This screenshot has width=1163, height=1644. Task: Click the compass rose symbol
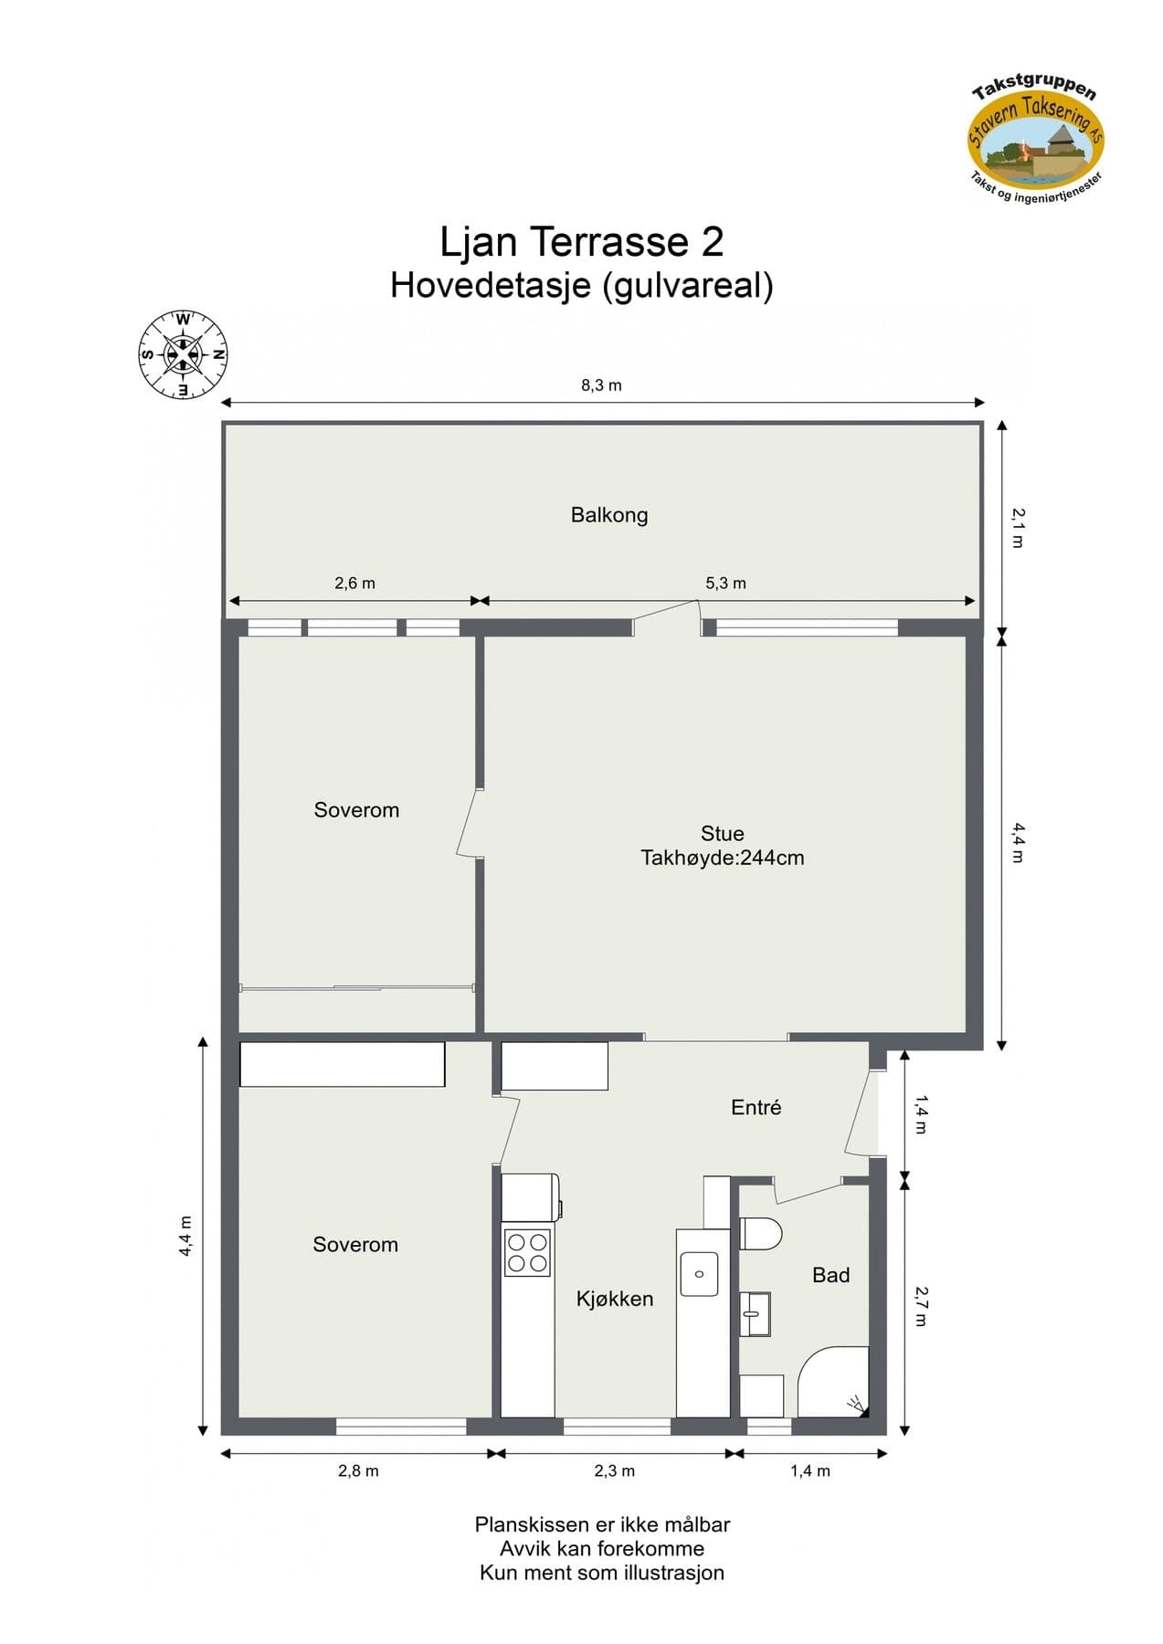(x=183, y=355)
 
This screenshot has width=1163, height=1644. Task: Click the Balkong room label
(x=609, y=515)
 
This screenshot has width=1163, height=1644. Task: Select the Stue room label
(x=722, y=834)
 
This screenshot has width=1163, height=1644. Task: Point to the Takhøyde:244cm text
(x=722, y=859)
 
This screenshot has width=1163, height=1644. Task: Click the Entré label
(x=756, y=1108)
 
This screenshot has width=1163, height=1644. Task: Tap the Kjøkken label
(x=614, y=1299)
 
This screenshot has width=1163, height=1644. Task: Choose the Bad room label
(x=830, y=1275)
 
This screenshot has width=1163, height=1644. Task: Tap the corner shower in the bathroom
(x=834, y=1382)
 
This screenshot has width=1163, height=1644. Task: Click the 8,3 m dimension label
(x=601, y=385)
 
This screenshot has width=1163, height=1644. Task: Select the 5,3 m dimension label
(x=725, y=584)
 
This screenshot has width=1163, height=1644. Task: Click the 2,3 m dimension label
(x=614, y=1470)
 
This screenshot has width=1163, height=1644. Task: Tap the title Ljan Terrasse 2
(x=581, y=242)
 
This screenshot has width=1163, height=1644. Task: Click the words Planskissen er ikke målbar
(x=601, y=1524)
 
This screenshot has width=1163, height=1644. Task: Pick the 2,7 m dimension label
(x=921, y=1306)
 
